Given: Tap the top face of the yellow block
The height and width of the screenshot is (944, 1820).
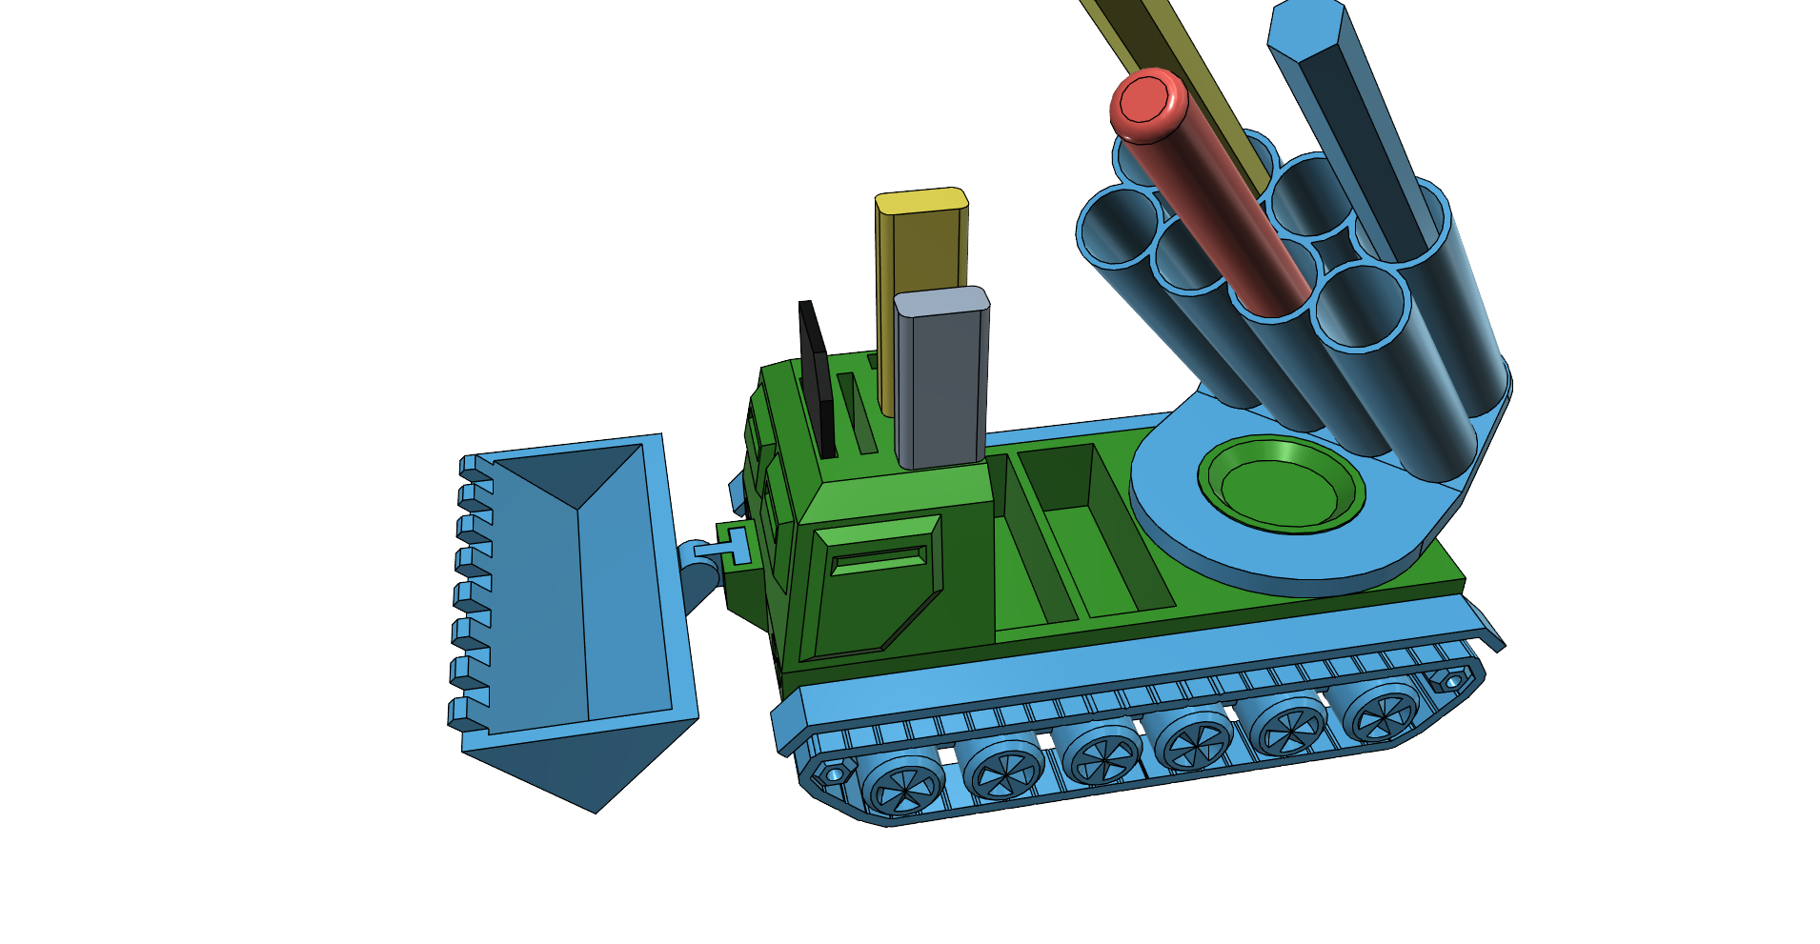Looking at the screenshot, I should [921, 201].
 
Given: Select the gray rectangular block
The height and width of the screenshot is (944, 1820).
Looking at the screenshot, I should [940, 381].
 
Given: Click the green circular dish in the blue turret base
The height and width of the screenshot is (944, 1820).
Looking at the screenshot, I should [1280, 486].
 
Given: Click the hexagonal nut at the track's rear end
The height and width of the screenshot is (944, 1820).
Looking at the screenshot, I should [1450, 682].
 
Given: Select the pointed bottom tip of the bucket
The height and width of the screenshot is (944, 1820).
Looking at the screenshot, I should [595, 810].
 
